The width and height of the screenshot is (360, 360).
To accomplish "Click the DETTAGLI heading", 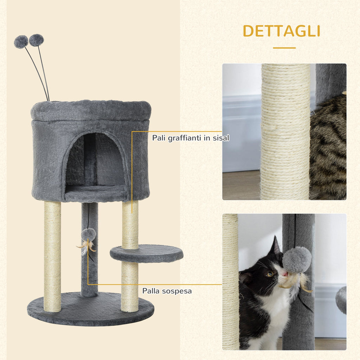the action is click(282, 31).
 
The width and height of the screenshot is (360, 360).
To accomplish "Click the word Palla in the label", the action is click(151, 291).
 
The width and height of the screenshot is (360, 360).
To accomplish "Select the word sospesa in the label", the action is click(177, 291).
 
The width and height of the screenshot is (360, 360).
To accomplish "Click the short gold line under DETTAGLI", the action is click(284, 48).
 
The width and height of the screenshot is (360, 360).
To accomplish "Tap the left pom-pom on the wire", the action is click(21, 42).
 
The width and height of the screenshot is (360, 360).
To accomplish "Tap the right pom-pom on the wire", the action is click(36, 40).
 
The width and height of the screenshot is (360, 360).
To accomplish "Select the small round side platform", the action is click(147, 253).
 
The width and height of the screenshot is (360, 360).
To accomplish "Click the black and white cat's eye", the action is click(270, 274).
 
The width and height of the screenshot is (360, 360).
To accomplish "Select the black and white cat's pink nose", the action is click(285, 274).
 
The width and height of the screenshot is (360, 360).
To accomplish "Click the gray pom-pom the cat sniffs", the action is click(297, 259).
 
